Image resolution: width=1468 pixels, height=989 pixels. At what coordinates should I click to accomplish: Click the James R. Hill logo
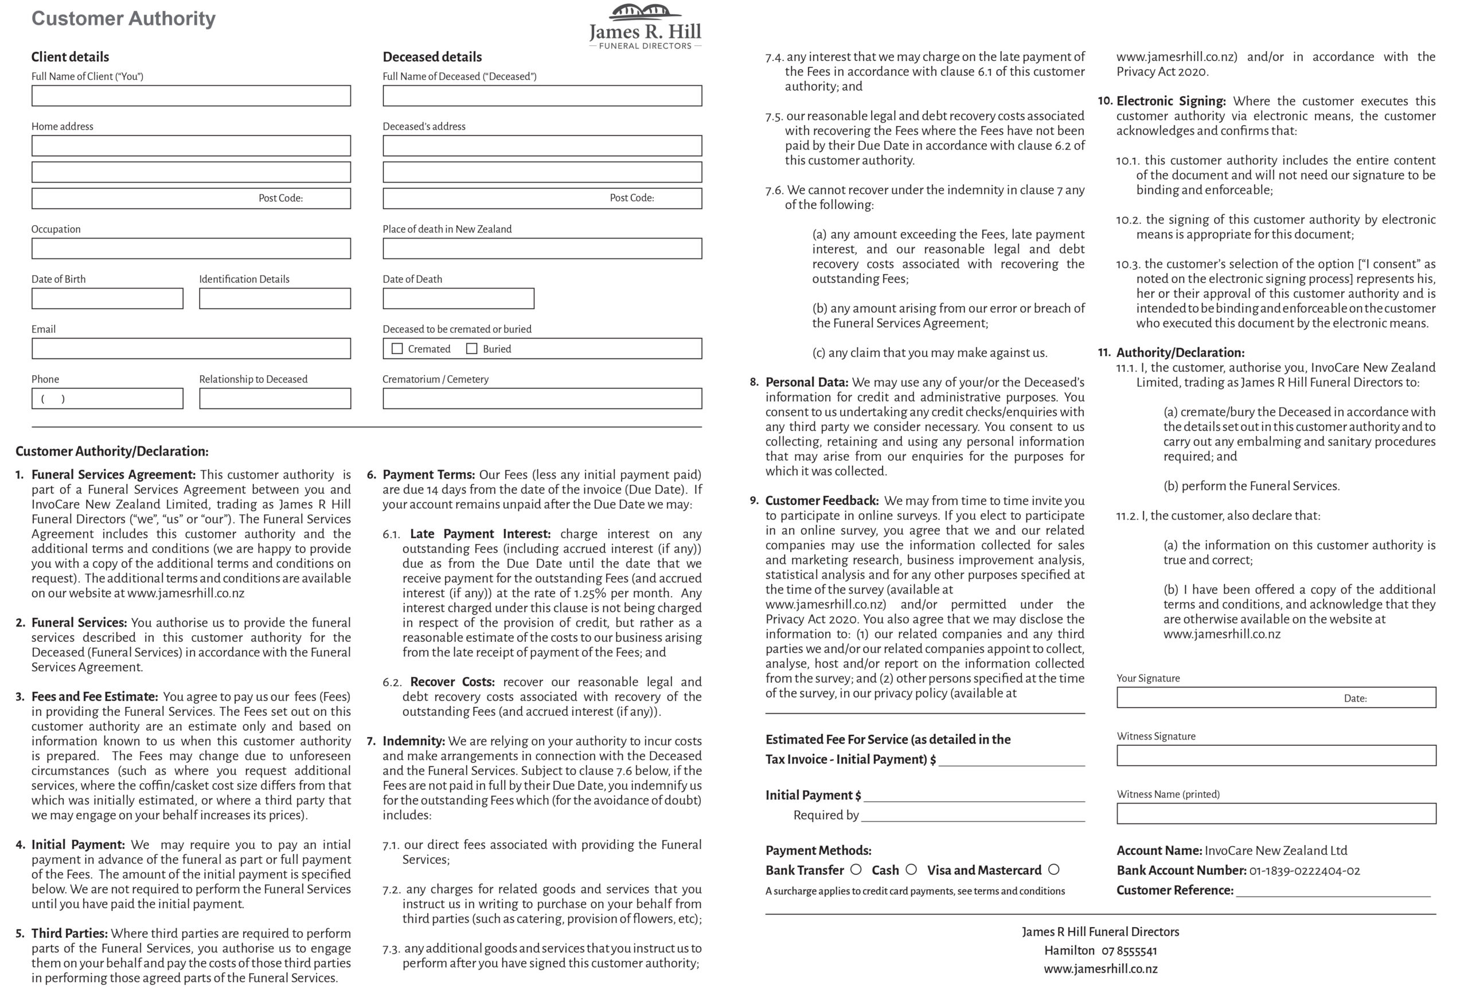pos(645,27)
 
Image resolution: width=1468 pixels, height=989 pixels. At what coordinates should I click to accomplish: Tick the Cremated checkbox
pos(397,349)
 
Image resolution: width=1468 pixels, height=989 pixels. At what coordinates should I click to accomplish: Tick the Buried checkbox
pos(471,349)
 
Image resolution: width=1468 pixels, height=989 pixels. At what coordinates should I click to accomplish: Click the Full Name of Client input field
pos(191,96)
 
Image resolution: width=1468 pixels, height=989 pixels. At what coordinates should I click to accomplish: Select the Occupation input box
pos(191,248)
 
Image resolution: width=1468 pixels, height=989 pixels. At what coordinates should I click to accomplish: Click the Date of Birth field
pos(107,298)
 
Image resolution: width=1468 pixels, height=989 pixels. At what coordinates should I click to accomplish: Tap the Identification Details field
pos(275,298)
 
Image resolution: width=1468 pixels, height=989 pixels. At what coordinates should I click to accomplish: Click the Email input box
pos(191,349)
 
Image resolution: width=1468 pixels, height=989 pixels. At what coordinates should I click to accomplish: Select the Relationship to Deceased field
pos(275,399)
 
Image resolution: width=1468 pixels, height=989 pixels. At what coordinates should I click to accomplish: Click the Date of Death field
pos(458,298)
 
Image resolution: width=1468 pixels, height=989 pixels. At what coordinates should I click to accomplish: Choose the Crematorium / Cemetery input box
pos(542,399)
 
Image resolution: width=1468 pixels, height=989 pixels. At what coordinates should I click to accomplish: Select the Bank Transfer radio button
pos(856,870)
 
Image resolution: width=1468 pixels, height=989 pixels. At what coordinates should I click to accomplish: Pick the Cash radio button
pos(911,870)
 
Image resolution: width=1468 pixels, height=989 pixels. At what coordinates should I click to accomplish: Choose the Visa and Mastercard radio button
pos(1054,870)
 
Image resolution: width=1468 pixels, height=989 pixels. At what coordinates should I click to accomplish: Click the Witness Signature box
pos(1276,756)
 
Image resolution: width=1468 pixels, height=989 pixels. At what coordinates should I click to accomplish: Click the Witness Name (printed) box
pos(1276,813)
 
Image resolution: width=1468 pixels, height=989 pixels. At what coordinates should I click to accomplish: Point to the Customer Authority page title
pos(123,19)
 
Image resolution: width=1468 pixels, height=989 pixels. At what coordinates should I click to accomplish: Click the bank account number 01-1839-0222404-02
pos(1304,871)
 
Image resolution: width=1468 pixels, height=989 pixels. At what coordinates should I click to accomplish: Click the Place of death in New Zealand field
pos(542,248)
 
